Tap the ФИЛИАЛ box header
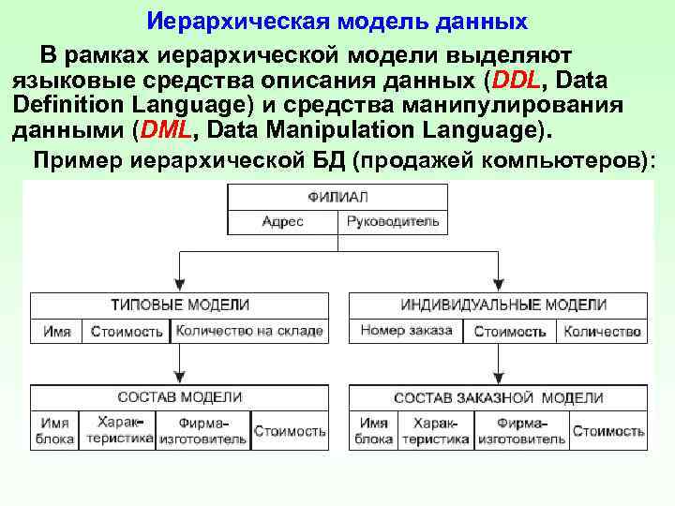tap(337, 197)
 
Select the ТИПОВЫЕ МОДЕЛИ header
tap(180, 305)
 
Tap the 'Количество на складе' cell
tap(249, 332)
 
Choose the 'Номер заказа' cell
tap(406, 331)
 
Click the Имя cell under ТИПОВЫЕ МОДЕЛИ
tap(56, 332)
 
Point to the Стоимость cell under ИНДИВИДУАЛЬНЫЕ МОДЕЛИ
tap(510, 332)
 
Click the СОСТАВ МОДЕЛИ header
tap(180, 398)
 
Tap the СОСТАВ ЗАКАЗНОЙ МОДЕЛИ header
tap(498, 398)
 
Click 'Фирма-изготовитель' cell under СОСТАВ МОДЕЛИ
tap(202, 431)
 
